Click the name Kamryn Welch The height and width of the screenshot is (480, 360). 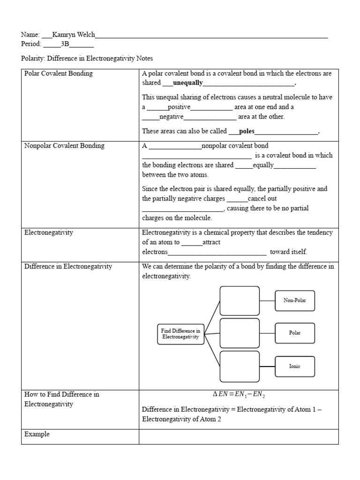click(74, 35)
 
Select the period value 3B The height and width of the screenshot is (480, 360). click(65, 45)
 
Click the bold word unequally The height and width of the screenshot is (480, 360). click(187, 83)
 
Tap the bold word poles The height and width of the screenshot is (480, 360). click(247, 132)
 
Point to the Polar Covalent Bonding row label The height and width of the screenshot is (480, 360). click(59, 74)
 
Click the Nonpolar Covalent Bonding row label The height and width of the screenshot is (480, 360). click(64, 146)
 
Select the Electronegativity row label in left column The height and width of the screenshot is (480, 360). click(49, 232)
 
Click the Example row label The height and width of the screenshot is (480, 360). click(37, 435)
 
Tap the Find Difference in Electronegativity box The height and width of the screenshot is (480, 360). click(181, 334)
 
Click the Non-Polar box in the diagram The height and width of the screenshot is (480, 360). click(294, 300)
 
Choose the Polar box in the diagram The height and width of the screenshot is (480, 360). click(294, 333)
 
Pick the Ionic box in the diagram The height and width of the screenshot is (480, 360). click(294, 366)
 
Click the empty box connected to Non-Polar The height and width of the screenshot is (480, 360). click(240, 300)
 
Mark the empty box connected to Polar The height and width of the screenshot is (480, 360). click(240, 333)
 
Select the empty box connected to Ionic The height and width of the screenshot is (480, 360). click(240, 366)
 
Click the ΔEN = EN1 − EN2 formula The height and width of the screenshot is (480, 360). click(239, 395)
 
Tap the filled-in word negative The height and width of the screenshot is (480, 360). click(171, 117)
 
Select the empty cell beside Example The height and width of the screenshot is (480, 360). click(239, 437)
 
